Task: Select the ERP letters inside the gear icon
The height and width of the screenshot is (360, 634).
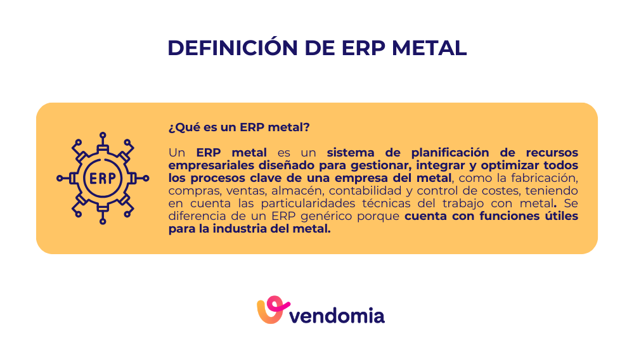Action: point(103,178)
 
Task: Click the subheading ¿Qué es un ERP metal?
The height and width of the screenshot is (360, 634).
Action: point(239,127)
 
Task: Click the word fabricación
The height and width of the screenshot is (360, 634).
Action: point(544,177)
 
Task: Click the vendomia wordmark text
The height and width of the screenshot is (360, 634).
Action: point(337,315)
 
